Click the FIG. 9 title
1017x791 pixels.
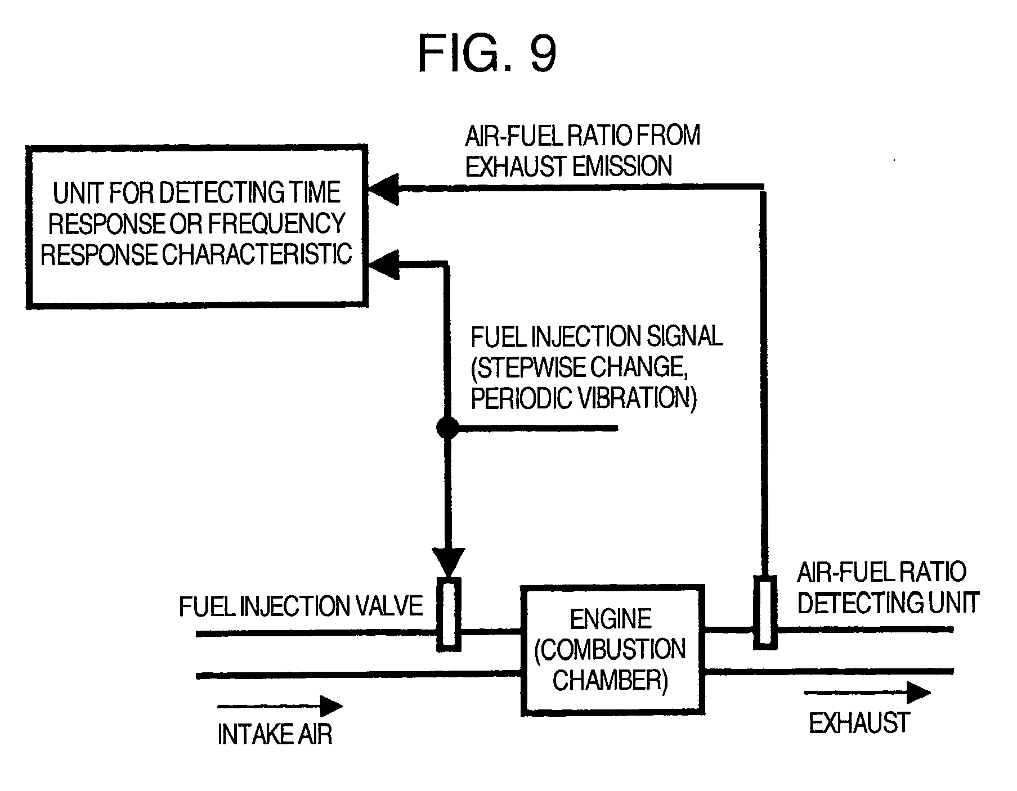coord(487,55)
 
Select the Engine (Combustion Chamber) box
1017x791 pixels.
coord(612,650)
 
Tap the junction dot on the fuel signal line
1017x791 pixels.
coord(447,428)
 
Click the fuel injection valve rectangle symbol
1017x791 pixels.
coord(449,614)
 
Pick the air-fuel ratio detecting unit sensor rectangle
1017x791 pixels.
coord(765,613)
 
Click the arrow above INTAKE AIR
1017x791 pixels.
coord(280,705)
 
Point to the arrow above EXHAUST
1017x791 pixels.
coord(866,693)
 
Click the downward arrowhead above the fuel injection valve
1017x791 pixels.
coord(448,561)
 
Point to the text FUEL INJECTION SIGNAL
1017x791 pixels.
coord(596,337)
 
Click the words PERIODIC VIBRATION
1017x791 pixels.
coord(583,399)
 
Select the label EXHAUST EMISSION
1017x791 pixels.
coord(568,167)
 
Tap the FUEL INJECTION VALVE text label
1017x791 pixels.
coord(301,606)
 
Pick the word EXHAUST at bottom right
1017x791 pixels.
coord(859,723)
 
